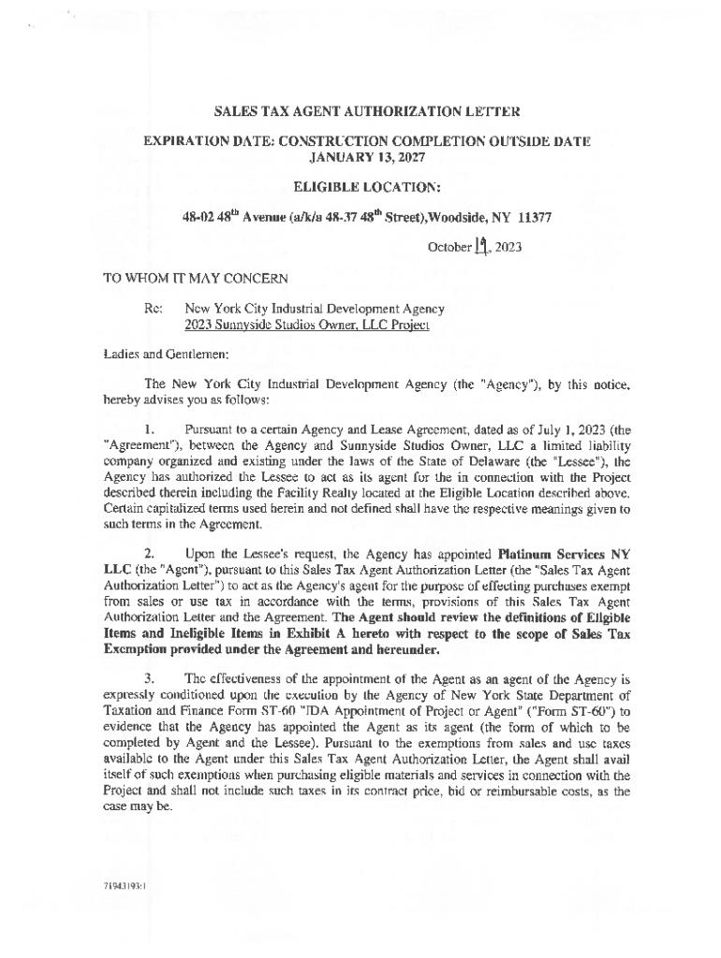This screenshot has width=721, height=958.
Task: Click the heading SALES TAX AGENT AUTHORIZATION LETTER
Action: coord(367,113)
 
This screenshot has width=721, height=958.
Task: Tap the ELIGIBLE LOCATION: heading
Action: coord(367,186)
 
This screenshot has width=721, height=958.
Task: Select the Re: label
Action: coord(153,308)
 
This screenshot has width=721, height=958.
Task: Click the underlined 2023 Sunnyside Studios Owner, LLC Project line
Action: coord(306,325)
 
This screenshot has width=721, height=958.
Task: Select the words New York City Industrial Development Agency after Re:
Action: coord(315,308)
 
